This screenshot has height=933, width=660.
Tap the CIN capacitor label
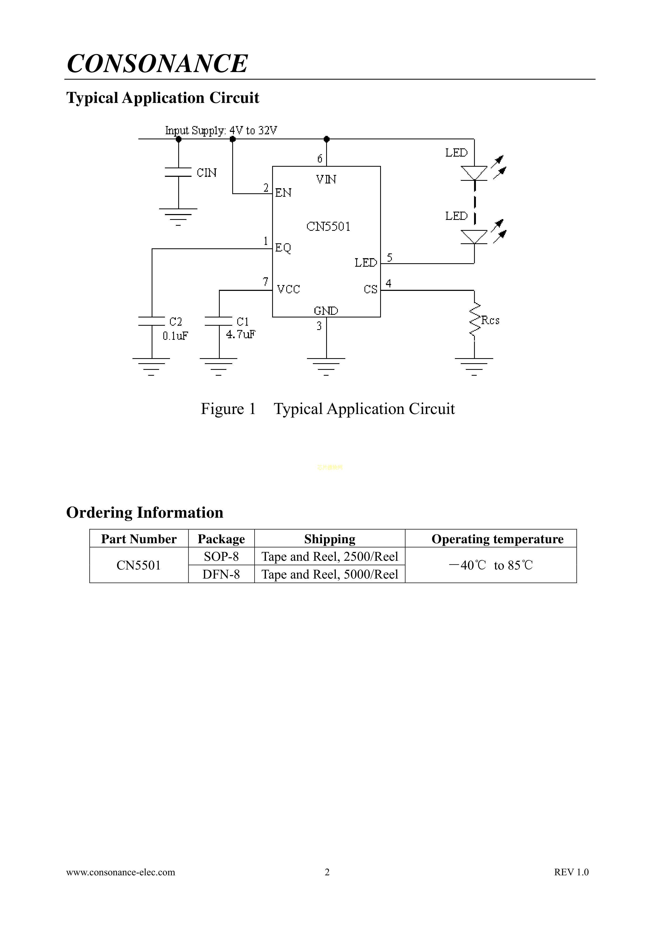pos(207,173)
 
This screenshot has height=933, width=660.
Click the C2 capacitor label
pos(176,322)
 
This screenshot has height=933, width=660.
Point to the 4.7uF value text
pos(241,334)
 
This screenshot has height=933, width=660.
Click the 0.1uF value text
pos(175,336)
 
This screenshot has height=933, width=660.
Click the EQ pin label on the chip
pos(283,248)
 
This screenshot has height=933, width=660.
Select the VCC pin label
pos(288,289)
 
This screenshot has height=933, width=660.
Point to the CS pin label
pos(371,289)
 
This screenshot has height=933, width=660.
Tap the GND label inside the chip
pos(326,311)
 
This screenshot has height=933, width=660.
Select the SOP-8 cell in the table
pos(221,556)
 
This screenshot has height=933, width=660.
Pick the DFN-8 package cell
pos(221,574)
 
